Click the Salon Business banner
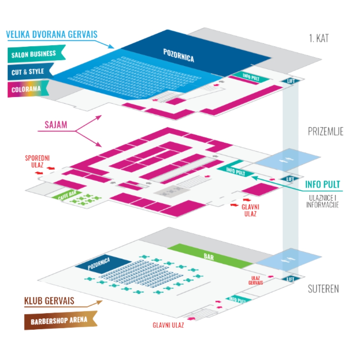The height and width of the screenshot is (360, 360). [34, 54]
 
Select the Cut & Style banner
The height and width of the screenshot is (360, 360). [28, 72]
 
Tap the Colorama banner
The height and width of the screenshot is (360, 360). [26, 89]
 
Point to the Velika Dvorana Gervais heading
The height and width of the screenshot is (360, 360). [52, 35]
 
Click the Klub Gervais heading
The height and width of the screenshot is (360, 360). [49, 301]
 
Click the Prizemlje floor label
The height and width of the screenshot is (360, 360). [325, 131]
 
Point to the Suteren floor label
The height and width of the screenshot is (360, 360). [323, 289]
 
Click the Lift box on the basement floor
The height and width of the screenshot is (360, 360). [290, 279]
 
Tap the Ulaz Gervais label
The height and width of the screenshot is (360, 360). [256, 280]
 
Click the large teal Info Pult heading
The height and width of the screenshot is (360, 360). [322, 185]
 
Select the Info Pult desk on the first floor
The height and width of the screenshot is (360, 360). [251, 76]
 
